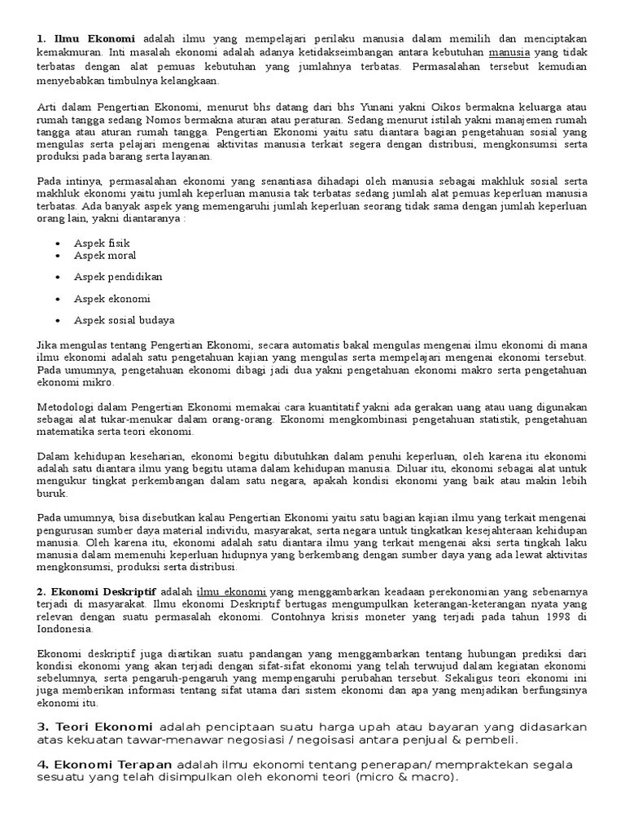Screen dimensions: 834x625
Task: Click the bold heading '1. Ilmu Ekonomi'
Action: [x=87, y=39]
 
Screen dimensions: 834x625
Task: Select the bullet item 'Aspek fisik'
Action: [x=102, y=243]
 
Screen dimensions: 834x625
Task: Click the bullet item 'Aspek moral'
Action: [x=105, y=256]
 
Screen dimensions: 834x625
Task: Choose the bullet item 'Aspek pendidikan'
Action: [x=118, y=277]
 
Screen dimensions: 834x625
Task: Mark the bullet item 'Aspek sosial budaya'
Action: [x=124, y=320]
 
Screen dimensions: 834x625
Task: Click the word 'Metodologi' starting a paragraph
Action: [x=65, y=406]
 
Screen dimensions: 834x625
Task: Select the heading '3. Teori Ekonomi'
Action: [x=94, y=726]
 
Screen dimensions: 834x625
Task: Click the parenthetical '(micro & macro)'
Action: [x=408, y=777]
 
